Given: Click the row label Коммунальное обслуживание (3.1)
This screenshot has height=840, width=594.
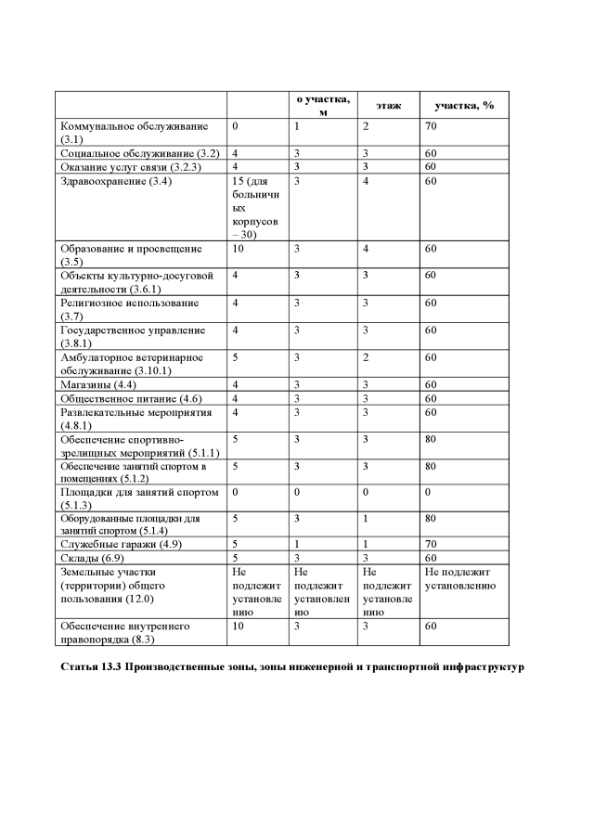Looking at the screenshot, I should click(x=134, y=131).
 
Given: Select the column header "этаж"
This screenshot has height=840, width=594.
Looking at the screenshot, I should click(x=388, y=106).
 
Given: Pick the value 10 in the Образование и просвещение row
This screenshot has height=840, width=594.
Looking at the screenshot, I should click(x=238, y=249).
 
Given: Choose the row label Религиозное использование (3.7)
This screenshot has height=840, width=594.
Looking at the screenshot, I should click(x=129, y=309).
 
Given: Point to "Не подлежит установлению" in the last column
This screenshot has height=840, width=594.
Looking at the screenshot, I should click(x=462, y=579).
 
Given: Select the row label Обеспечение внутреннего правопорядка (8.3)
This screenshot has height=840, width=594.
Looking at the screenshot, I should click(x=125, y=632).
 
